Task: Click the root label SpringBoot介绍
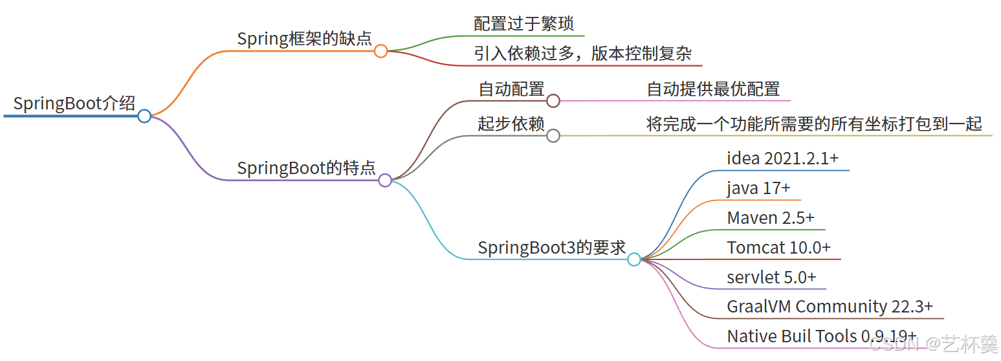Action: tap(74, 104)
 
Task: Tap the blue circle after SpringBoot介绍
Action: tap(144, 116)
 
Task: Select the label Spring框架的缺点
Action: tap(304, 39)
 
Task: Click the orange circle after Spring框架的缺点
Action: tap(381, 51)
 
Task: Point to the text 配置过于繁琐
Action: tap(524, 24)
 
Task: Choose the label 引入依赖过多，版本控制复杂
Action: tap(582, 54)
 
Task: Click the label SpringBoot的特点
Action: tap(306, 168)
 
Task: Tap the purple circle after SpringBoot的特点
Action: tap(385, 181)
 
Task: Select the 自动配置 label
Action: tap(511, 89)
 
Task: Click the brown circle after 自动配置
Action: tap(553, 101)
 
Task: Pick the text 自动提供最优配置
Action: tap(713, 89)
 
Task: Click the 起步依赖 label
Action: tap(511, 124)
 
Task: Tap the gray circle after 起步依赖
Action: tap(553, 136)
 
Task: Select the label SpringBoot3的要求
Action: tap(552, 247)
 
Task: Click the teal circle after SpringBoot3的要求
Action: tap(634, 259)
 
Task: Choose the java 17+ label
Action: tap(758, 188)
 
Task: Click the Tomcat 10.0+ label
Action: tap(778, 248)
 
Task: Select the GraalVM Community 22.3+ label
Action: tap(830, 307)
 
